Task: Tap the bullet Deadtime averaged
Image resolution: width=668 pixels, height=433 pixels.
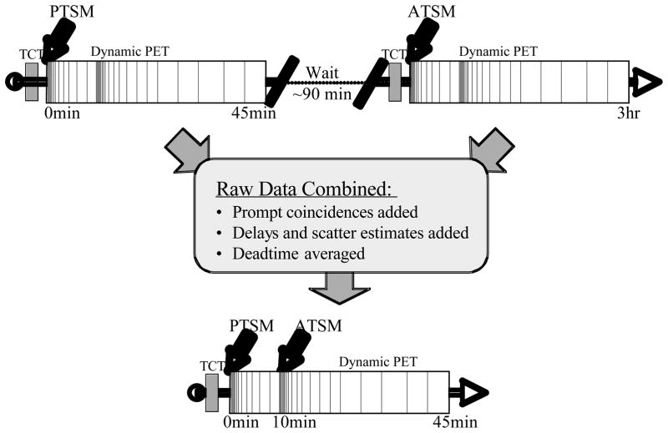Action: (290, 253)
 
